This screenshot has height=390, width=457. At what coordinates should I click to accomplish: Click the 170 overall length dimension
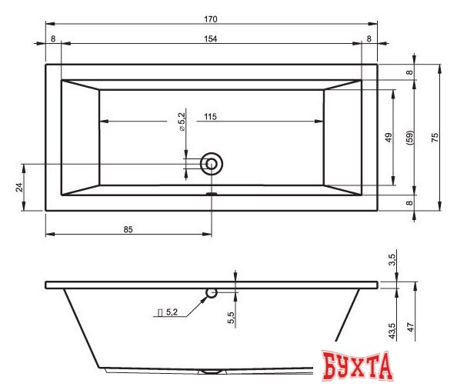(x=211, y=19)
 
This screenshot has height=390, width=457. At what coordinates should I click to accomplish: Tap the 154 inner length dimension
(x=211, y=39)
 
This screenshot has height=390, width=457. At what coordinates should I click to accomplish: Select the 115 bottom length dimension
(x=210, y=117)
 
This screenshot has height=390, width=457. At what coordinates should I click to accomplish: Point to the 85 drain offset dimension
(x=128, y=230)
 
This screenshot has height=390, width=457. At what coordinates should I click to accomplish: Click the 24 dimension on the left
(x=19, y=187)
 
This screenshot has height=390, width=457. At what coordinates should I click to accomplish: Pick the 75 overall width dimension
(x=435, y=137)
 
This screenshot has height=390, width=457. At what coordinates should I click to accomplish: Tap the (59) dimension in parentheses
(x=409, y=138)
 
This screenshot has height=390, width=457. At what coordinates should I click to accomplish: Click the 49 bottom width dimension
(x=389, y=137)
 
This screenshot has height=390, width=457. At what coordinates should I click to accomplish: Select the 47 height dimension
(x=410, y=327)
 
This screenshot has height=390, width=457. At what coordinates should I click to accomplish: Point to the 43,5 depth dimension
(x=392, y=331)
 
